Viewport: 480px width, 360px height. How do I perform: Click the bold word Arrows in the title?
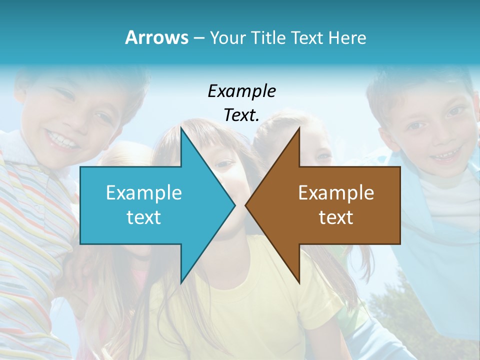point(157,37)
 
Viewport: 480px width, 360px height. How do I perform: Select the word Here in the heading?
point(347,37)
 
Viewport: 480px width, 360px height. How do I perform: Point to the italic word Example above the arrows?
point(242,91)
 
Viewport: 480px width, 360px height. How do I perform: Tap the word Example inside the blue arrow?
point(144,193)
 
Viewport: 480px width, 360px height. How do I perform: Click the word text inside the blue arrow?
point(144,217)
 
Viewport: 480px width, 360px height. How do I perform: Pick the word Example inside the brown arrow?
point(336,193)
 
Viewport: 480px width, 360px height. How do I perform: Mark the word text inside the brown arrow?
point(336,217)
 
